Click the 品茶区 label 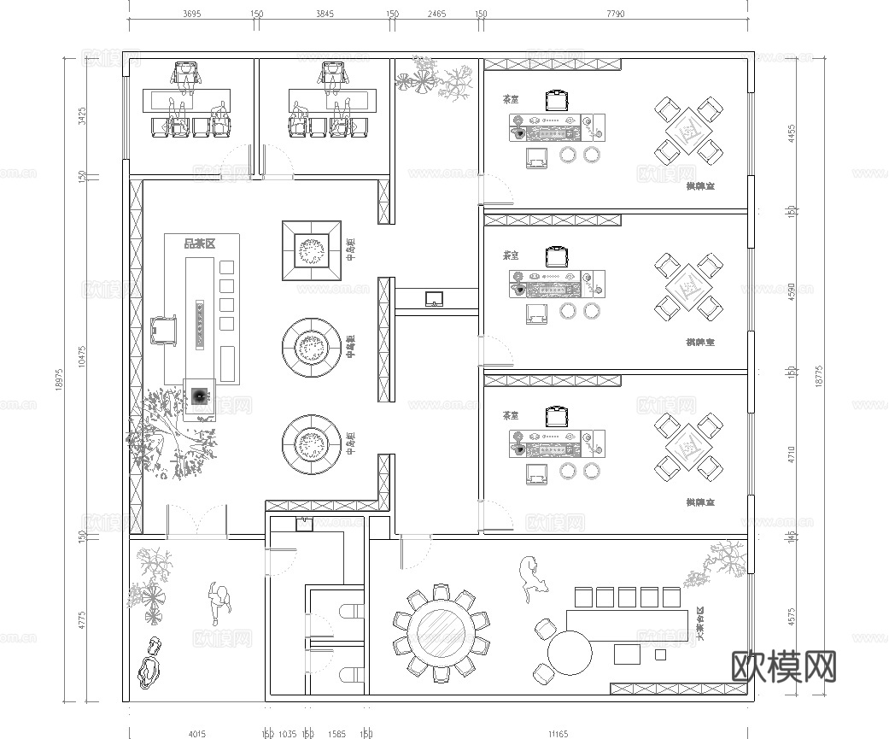click(x=200, y=244)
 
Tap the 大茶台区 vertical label click(x=700, y=624)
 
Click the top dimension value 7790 click(x=616, y=15)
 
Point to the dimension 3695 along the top click(x=191, y=15)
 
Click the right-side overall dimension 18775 click(x=820, y=377)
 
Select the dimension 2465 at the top click(x=436, y=15)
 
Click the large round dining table click(x=440, y=634)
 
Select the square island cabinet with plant click(x=312, y=250)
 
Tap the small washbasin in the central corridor click(x=434, y=298)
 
